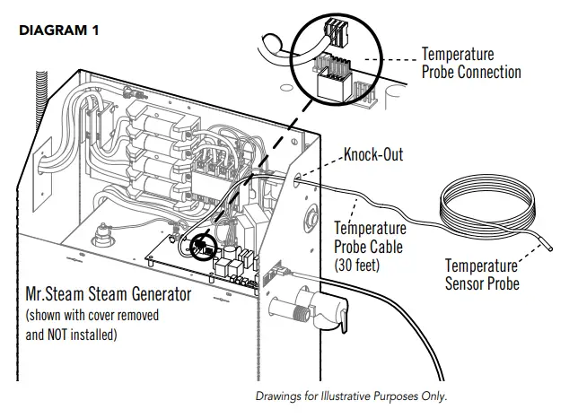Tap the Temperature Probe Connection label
(x=470, y=63)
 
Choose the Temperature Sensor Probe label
(x=482, y=274)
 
